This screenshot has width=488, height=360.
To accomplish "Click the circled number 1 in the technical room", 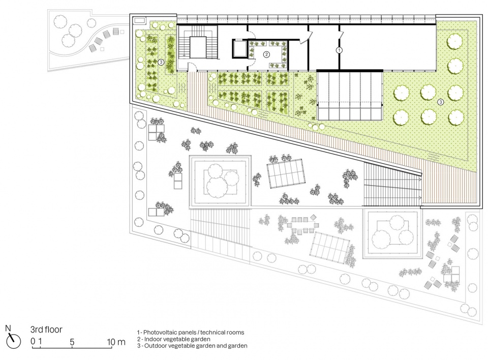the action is point(339,50).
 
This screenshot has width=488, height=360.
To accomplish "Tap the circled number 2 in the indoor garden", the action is point(266,54).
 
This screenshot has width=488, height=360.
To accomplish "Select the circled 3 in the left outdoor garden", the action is point(161,62).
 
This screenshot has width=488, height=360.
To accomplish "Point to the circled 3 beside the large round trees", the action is point(440,102).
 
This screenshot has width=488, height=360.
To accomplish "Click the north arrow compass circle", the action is point(13,341).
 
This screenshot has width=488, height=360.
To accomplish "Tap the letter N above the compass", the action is point(8,328).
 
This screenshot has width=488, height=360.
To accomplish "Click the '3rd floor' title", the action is point(46,329).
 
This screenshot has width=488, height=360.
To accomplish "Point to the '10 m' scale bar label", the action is point(116,342).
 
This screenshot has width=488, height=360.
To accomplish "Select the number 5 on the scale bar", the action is point(72,342).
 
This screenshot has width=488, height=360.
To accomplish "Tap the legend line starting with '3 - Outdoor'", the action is point(192,346).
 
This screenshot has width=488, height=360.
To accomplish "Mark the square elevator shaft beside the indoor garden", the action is point(239,49).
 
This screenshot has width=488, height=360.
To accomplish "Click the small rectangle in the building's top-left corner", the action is point(139,21).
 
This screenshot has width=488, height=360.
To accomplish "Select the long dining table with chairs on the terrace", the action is point(303,225).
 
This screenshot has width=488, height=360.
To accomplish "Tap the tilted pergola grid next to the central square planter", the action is point(285,173).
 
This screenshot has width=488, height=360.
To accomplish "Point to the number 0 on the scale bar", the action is point(33,342).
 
